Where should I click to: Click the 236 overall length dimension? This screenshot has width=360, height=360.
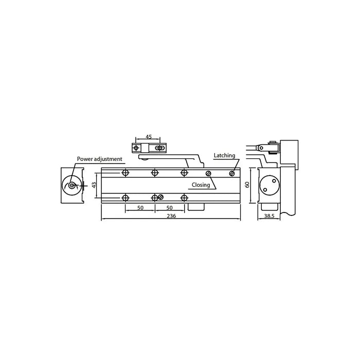pos(171,216)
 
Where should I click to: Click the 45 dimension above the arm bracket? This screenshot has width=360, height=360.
pos(148,137)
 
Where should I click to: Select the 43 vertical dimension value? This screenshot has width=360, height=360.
pos(94,185)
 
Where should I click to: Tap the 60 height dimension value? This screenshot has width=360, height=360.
pos(247,185)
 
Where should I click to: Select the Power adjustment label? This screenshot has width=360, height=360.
pos(99,159)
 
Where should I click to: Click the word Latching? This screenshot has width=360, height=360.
pos(224,155)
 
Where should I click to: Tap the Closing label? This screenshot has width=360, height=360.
pos(201,185)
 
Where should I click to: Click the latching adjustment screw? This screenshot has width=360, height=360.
pos(232,173)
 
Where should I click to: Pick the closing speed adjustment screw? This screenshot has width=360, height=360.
pos(208,173)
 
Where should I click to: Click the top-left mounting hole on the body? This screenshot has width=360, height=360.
pos(125,173)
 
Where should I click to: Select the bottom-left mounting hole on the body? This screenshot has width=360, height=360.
pos(125,197)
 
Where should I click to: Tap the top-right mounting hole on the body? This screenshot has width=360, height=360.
pos(184,173)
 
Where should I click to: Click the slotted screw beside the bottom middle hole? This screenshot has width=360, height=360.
pos(161,197)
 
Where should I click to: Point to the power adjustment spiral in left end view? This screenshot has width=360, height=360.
pos(73,185)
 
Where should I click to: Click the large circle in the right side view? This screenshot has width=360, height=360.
pos(268,184)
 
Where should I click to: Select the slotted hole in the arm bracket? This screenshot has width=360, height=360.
pos(160,148)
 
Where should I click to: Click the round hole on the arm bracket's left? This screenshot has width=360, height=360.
pos(136,148)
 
